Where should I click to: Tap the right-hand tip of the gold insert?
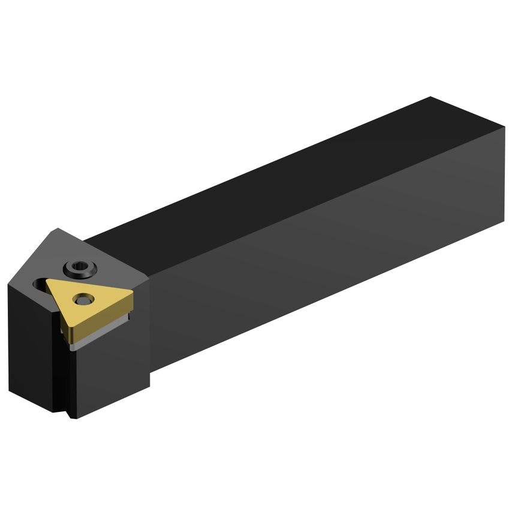(132, 293)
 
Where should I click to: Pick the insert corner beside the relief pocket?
(48, 281)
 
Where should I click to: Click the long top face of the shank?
(270, 180)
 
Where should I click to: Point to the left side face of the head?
(30, 348)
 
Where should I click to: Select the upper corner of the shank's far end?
(431, 97)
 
